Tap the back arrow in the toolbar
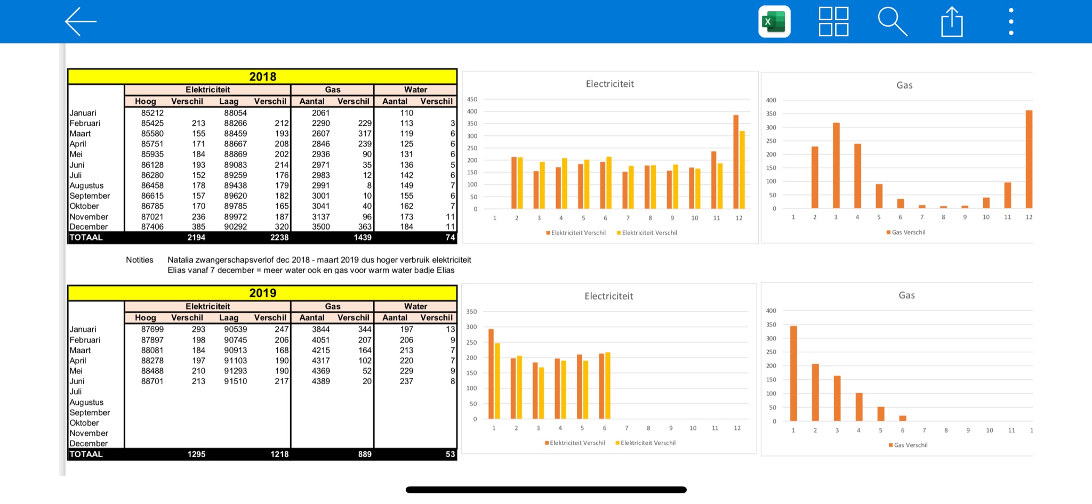pyautogui.click(x=81, y=22)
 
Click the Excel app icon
pyautogui.click(x=774, y=22)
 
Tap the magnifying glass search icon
pyautogui.click(x=892, y=22)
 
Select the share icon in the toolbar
pyautogui.click(x=952, y=22)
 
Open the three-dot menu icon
pyautogui.click(x=1011, y=22)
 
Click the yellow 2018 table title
pyautogui.click(x=262, y=77)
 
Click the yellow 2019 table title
pyautogui.click(x=262, y=293)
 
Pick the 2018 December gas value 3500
pyautogui.click(x=321, y=227)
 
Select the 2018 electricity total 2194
pyautogui.click(x=196, y=238)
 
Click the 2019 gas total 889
pyautogui.click(x=365, y=454)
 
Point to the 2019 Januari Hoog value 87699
pyautogui.click(x=152, y=330)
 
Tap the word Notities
pyautogui.click(x=140, y=260)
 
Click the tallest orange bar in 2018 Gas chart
pyautogui.click(x=1029, y=159)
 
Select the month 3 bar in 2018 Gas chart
pyautogui.click(x=836, y=166)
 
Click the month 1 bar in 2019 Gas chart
pyautogui.click(x=793, y=373)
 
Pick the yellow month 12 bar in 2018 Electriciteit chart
pyautogui.click(x=742, y=170)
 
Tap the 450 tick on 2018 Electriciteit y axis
pyautogui.click(x=472, y=100)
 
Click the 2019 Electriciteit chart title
pyautogui.click(x=609, y=296)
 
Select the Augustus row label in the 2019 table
pyautogui.click(x=86, y=403)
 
